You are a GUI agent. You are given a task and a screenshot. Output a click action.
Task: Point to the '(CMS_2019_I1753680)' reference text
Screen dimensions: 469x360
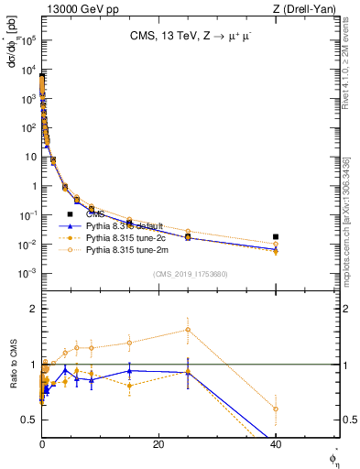click(x=191, y=273)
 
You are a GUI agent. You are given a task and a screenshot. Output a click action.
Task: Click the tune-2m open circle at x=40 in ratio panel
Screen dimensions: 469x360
click(x=276, y=409)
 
